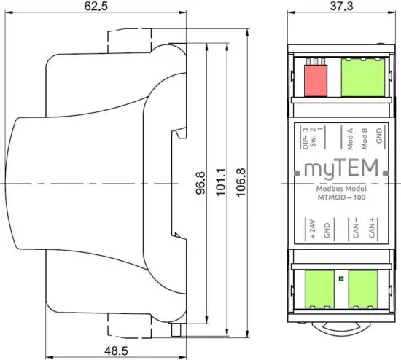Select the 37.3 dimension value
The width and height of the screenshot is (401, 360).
click(337, 8)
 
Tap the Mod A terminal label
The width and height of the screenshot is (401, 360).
click(350, 137)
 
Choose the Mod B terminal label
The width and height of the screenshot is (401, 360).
click(364, 137)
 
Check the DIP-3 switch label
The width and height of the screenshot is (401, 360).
click(303, 137)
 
